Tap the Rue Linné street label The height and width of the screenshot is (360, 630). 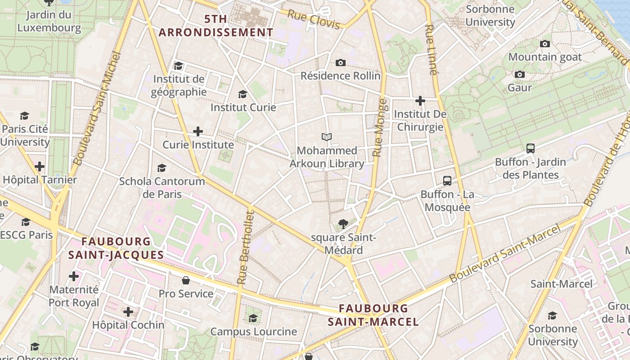point(431,49)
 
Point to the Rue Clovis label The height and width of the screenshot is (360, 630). point(313,20)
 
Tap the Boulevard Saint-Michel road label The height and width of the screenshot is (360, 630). point(98,109)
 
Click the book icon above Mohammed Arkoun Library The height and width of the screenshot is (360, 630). point(327,137)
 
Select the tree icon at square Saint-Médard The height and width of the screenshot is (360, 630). point(343,223)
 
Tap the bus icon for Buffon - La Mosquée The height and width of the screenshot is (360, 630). point(447,181)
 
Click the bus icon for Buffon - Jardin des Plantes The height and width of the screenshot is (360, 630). point(531,148)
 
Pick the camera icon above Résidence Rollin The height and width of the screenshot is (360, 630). point(341,63)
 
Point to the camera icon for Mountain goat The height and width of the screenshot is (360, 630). point(545,44)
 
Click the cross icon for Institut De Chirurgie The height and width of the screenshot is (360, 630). point(420,101)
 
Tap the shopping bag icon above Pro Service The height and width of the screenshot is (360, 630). point(186,280)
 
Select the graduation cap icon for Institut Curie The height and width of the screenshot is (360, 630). point(243,94)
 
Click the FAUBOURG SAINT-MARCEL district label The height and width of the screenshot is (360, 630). point(373,315)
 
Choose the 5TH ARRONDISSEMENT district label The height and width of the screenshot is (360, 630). point(216,26)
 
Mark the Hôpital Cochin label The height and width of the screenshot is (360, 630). point(128,324)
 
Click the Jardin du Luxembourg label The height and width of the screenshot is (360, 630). point(49,21)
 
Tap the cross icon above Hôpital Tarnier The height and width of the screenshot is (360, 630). point(40,166)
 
